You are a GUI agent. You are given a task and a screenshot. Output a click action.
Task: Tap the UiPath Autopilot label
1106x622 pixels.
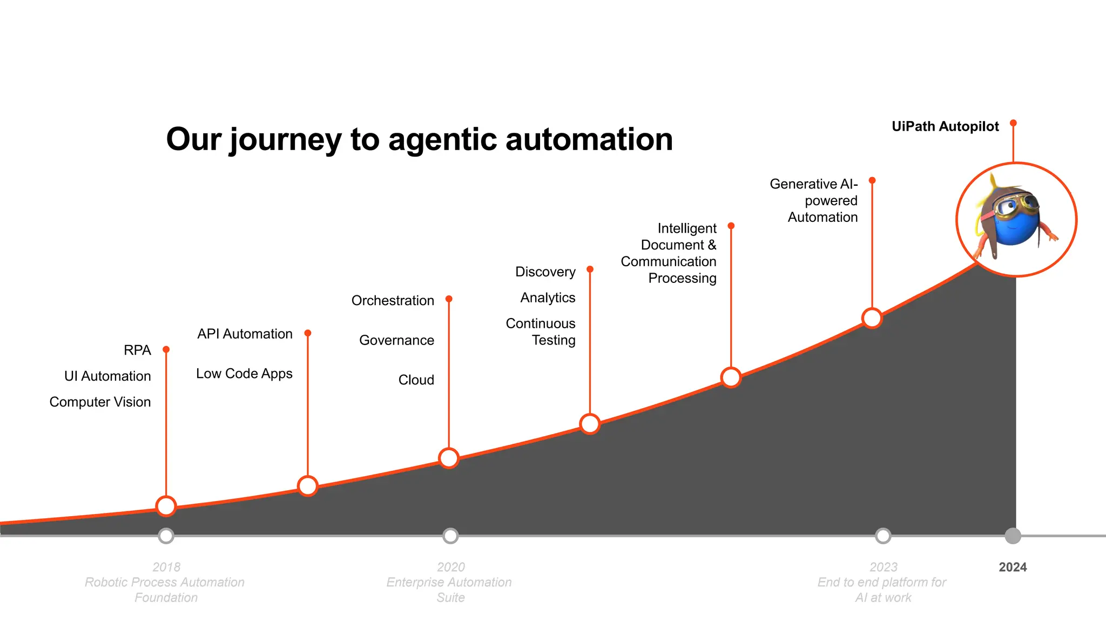945,126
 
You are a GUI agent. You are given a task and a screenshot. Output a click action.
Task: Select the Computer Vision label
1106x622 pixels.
100,402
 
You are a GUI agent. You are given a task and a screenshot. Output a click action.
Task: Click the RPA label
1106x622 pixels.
137,350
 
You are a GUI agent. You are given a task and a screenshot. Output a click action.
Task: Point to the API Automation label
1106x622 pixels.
245,334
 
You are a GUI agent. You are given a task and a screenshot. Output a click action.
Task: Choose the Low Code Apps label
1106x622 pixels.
244,374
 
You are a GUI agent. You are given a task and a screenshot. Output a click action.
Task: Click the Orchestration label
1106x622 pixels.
393,301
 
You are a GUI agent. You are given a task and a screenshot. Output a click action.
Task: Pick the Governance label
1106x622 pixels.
396,340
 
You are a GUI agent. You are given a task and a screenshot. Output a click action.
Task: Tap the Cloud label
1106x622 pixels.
416,380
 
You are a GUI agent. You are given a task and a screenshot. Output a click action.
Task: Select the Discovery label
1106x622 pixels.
545,272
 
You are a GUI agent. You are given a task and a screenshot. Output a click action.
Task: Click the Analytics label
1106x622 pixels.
548,298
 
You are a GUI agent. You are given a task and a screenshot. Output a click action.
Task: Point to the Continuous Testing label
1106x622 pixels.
541,332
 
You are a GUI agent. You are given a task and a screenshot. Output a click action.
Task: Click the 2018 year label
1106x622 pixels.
166,567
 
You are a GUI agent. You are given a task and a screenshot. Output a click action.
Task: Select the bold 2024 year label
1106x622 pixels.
1013,567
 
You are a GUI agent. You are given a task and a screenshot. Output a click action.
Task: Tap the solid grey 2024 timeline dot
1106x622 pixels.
1013,536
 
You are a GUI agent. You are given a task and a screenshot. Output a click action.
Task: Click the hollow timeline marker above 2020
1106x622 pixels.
450,536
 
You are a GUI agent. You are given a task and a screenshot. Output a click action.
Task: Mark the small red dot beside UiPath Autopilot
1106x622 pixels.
1013,123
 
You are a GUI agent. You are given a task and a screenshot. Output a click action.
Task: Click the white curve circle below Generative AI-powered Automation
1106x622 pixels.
872,318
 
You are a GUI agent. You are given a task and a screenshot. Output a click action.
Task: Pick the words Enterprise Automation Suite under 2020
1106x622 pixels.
449,590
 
